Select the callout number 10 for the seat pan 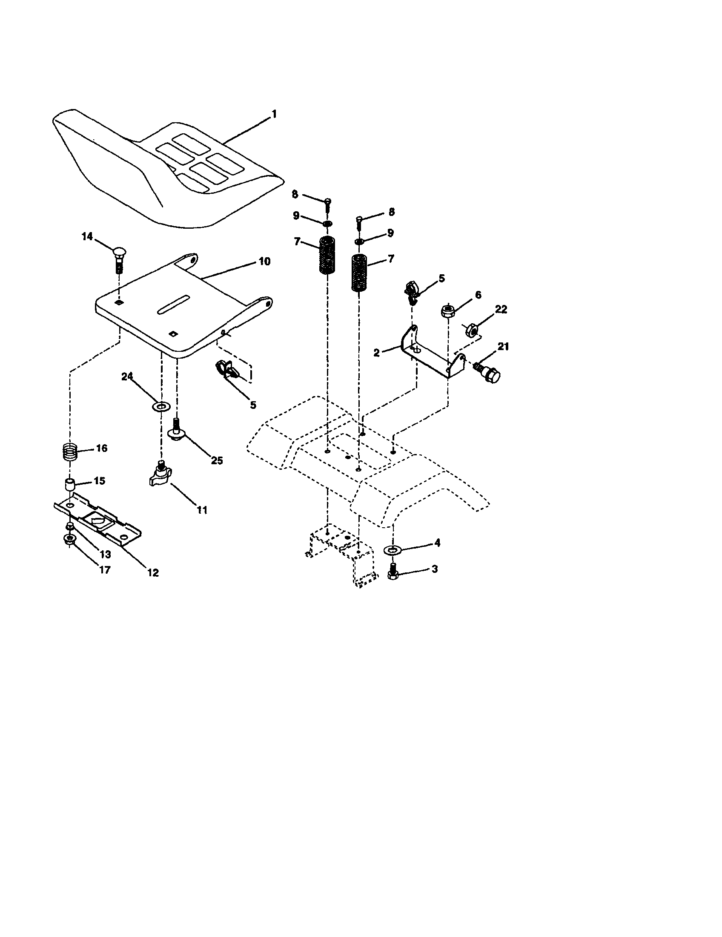coord(264,261)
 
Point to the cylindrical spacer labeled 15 coord(69,486)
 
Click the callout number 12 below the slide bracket coord(153,572)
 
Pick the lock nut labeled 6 coord(447,310)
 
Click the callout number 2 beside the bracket coord(376,353)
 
